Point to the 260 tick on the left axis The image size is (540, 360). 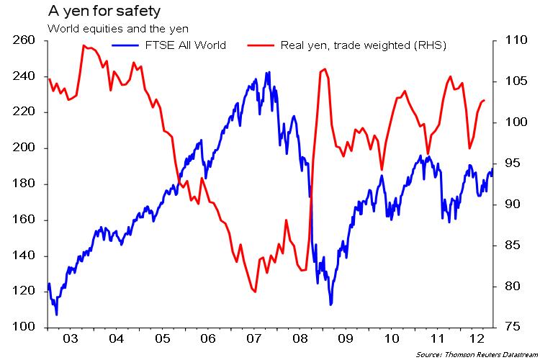coord(25,40)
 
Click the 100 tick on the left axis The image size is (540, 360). coord(25,328)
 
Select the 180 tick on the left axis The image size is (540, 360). coord(25,184)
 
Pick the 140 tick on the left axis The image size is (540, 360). coord(25,256)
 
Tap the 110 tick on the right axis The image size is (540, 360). coord(512,40)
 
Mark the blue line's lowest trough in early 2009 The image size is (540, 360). coord(330,305)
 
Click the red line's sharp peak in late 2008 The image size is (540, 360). coord(325,69)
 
